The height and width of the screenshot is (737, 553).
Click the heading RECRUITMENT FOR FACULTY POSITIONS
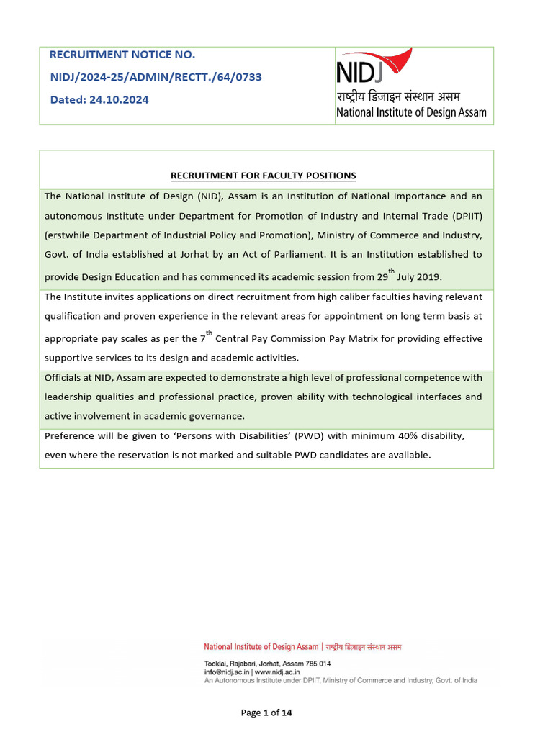point(263,176)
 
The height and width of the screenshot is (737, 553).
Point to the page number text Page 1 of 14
point(266,713)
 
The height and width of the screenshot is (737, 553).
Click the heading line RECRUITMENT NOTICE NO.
point(122,55)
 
